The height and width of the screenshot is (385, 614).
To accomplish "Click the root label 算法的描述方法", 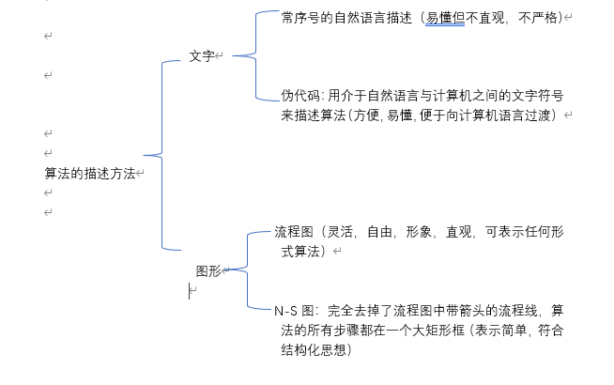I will tap(89, 174).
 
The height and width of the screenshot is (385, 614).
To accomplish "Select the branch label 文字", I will tap(201, 56).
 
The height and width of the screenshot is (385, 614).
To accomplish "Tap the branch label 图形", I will tap(207, 271).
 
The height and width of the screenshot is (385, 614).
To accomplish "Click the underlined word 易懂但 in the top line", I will tap(445, 18).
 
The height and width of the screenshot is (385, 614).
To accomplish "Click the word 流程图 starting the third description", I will tap(293, 232).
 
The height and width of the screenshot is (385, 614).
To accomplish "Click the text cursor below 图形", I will tap(190, 291).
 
